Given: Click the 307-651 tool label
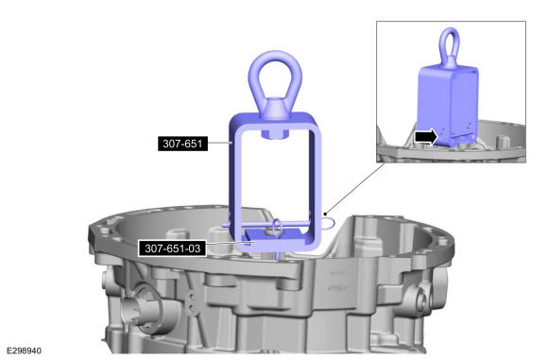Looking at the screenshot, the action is click(x=182, y=144).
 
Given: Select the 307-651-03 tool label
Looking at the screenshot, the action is click(x=172, y=249).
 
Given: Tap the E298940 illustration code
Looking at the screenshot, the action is click(x=25, y=351).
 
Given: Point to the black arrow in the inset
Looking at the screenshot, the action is click(x=426, y=136).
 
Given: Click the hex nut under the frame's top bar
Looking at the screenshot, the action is click(x=275, y=133).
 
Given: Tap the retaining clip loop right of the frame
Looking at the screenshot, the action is click(x=329, y=222).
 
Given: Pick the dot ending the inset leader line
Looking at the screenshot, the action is click(x=325, y=214).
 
